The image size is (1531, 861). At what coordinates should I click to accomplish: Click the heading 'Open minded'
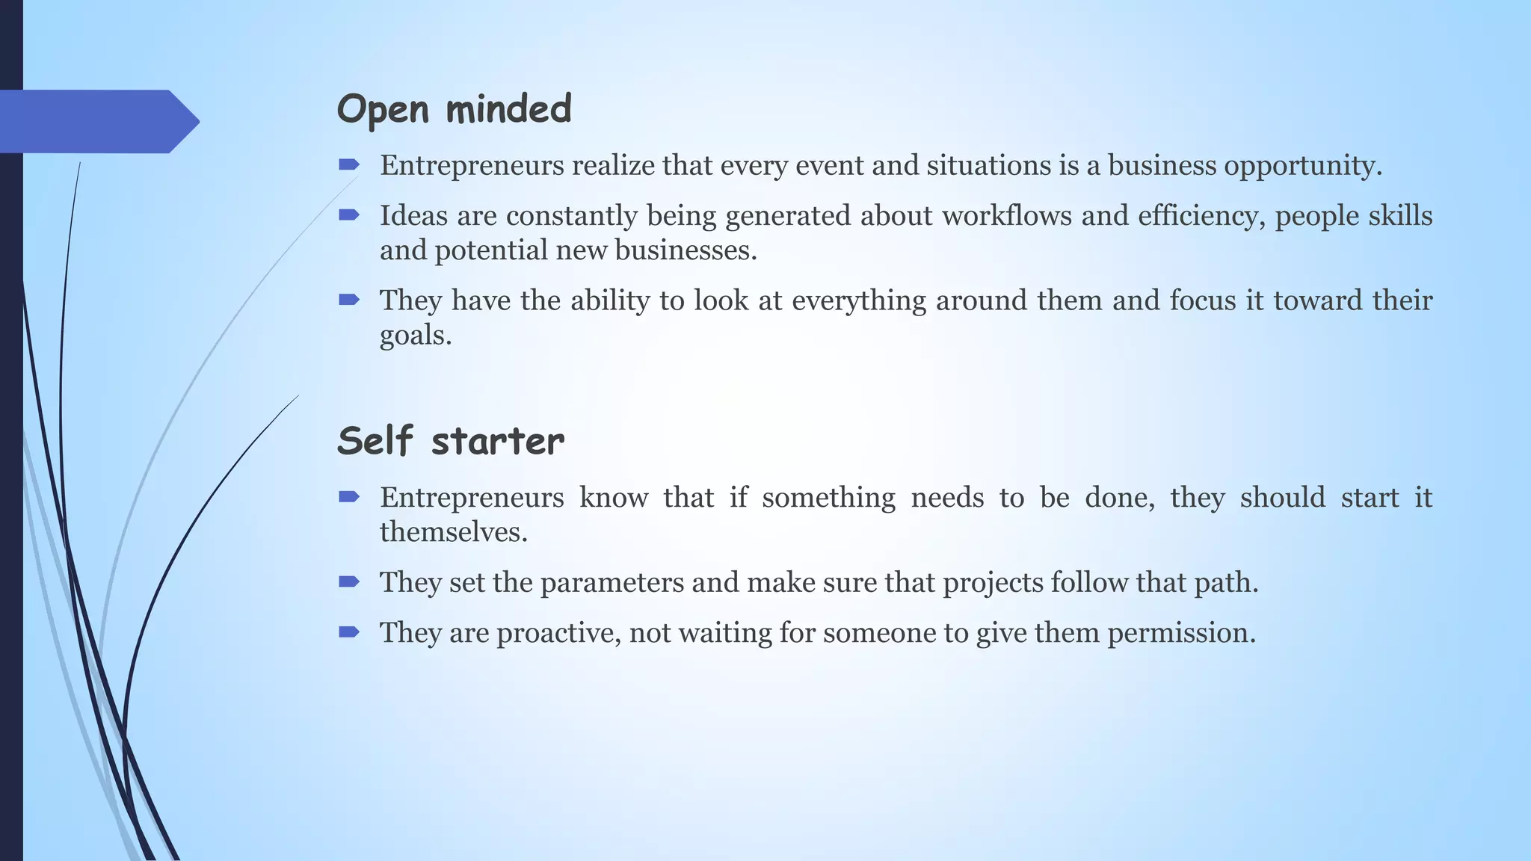454,110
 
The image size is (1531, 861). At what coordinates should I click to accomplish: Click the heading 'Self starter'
450,441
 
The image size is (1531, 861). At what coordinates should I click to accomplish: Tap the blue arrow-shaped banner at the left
97,121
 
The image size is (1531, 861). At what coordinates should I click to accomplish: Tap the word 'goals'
413,336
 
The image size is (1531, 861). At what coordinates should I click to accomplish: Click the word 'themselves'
452,532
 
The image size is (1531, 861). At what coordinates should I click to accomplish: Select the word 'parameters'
612,583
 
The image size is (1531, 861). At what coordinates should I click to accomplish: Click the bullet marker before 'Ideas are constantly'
349,215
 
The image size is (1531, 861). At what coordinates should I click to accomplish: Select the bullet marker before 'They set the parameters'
349,581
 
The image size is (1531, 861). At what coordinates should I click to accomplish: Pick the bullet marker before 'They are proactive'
349,632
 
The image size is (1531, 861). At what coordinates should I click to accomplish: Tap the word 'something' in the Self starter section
828,498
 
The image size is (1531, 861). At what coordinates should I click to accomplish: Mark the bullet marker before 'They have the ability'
349,300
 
